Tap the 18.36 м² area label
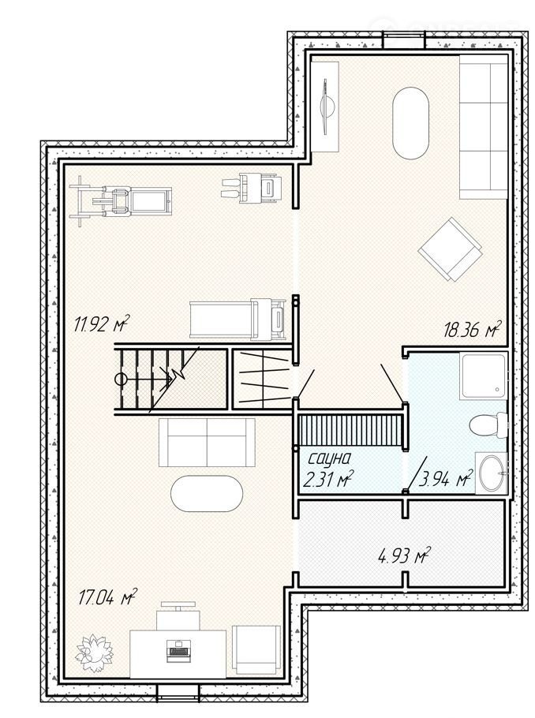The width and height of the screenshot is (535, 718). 472,329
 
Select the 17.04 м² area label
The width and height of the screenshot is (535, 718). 108,597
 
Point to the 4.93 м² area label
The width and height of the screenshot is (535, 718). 403,556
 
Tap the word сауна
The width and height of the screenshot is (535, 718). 329,458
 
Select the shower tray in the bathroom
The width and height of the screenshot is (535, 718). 484,375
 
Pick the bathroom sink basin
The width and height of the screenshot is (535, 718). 492,473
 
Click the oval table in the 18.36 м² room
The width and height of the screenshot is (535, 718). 410,124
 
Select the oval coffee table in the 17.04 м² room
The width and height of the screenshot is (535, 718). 207,494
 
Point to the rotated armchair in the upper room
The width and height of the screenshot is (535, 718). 451,249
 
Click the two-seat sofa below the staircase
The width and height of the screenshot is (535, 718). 207,442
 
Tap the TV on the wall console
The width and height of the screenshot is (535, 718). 327,107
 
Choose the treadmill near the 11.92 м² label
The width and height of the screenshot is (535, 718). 238,319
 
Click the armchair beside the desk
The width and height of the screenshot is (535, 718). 256,650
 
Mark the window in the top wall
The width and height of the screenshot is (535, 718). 403,39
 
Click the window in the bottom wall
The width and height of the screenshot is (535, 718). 178,693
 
